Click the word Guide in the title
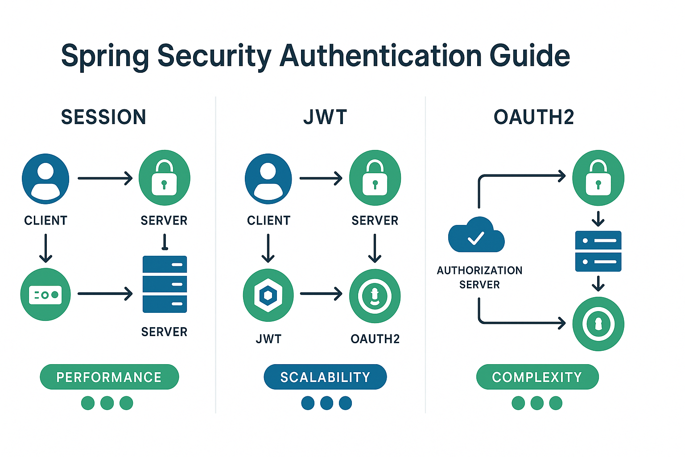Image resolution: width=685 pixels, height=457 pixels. (x=529, y=56)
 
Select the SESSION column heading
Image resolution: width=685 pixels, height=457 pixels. (x=103, y=117)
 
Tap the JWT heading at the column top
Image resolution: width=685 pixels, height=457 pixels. (x=325, y=117)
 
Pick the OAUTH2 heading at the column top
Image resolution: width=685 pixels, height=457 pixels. (x=534, y=117)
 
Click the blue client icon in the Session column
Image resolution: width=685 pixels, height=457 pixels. (x=45, y=179)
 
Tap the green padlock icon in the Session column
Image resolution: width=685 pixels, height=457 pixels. (x=164, y=178)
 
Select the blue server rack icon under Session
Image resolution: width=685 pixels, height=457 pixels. (x=165, y=284)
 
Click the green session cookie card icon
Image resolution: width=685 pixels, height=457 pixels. (x=45, y=295)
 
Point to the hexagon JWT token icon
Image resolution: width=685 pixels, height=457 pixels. (x=268, y=295)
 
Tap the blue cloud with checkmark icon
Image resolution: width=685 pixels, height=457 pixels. (x=476, y=235)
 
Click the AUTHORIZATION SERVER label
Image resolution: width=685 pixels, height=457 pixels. (x=479, y=277)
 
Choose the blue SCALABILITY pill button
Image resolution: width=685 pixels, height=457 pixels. (x=325, y=377)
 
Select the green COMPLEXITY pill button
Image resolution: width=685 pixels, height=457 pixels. (x=537, y=377)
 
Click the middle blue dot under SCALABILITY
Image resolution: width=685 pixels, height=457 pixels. (x=326, y=403)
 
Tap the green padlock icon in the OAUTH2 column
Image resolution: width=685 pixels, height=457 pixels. (x=598, y=178)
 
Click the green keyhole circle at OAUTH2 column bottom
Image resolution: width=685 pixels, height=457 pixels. (x=598, y=324)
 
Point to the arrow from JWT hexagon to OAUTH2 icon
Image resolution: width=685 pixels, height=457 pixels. (x=321, y=294)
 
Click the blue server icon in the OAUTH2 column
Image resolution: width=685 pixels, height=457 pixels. (x=598, y=251)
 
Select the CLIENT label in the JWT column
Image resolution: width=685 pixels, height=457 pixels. (x=268, y=220)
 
